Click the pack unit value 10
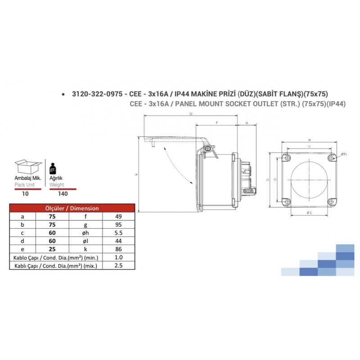pos(26,193)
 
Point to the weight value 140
pos(63,193)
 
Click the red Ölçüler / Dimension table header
pos(72,208)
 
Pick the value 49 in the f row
pos(119,216)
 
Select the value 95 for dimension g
pos(119,225)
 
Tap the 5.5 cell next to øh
pos(119,233)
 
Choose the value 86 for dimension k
pos(119,249)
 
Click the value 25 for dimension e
pos(52,249)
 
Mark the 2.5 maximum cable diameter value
pos(119,266)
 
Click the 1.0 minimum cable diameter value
pos(119,258)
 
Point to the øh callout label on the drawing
pos(344,154)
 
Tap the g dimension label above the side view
pos(191,114)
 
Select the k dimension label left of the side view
pos(136,174)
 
